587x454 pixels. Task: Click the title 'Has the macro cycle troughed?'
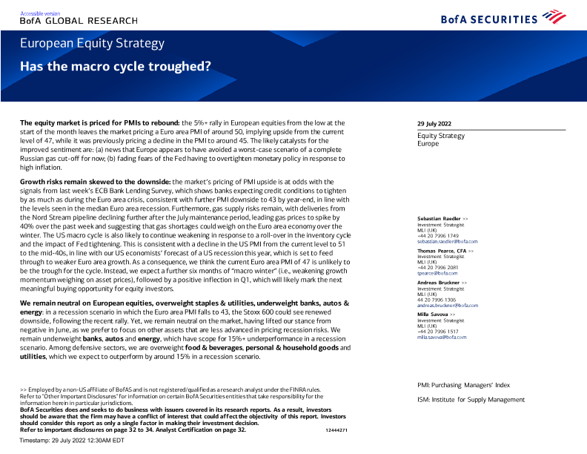[115, 65]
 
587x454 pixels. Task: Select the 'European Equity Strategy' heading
[92, 43]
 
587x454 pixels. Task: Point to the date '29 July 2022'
[435, 123]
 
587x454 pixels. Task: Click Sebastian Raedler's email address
[448, 242]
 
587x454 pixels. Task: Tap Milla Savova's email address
[442, 337]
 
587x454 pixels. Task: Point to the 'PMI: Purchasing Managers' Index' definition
[464, 385]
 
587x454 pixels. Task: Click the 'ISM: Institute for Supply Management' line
[471, 400]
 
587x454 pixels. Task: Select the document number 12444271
[336, 430]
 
